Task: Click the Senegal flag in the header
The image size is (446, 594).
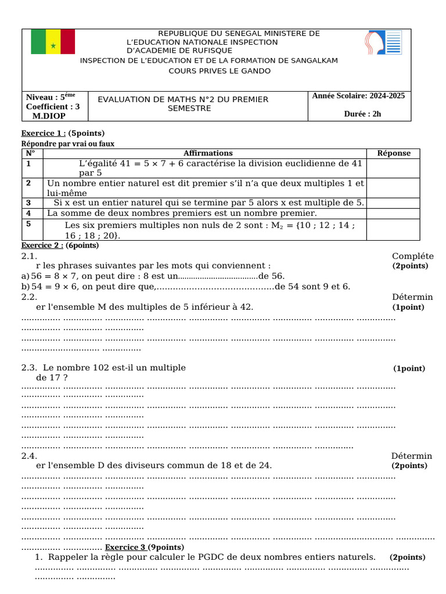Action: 53,41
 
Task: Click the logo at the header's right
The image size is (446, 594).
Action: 383,43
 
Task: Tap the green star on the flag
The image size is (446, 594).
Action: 53,45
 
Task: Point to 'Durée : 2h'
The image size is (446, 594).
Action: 362,114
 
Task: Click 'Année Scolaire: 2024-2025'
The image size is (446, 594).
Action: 358,96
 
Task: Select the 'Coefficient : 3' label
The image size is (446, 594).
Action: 53,106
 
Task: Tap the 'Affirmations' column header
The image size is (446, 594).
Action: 208,153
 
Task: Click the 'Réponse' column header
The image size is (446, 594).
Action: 394,153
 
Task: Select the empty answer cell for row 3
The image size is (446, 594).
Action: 394,202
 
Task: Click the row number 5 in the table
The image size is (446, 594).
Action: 28,223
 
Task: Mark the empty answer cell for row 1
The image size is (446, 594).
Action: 394,168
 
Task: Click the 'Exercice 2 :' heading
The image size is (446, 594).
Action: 43,245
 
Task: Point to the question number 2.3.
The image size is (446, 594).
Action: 30,368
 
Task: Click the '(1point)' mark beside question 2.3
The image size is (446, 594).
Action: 409,368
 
